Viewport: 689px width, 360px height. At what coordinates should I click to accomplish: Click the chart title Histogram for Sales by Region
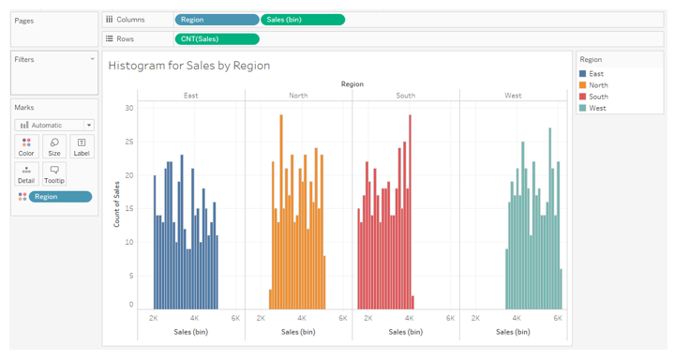pyautogui.click(x=188, y=66)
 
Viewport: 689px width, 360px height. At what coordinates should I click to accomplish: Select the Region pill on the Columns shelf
pyautogui.click(x=217, y=20)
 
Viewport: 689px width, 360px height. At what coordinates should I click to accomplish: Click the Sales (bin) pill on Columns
pyautogui.click(x=302, y=20)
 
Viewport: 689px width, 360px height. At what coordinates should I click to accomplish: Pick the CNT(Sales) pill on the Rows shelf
pyautogui.click(x=217, y=38)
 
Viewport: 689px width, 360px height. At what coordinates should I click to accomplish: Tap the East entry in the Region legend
pyautogui.click(x=596, y=74)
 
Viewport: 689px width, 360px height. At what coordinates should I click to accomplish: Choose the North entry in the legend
pyautogui.click(x=598, y=85)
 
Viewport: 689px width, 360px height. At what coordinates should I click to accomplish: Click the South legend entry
pyautogui.click(x=598, y=97)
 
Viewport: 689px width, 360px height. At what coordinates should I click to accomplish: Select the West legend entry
pyautogui.click(x=597, y=108)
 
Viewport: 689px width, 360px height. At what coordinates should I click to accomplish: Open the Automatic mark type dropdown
pyautogui.click(x=54, y=125)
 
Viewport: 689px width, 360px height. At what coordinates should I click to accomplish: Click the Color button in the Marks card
pyautogui.click(x=26, y=146)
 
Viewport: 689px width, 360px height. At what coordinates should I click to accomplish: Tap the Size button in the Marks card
pyautogui.click(x=54, y=146)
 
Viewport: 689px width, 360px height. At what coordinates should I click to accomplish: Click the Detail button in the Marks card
pyautogui.click(x=26, y=174)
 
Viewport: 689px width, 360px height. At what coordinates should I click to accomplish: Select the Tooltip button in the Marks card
pyautogui.click(x=54, y=174)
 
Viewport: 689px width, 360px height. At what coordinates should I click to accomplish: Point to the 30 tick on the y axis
pyautogui.click(x=129, y=109)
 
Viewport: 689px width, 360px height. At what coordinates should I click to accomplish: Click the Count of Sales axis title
pyautogui.click(x=117, y=203)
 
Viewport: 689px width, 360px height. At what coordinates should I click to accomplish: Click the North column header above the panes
pyautogui.click(x=298, y=96)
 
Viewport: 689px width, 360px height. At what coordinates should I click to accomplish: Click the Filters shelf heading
pyautogui.click(x=24, y=59)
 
